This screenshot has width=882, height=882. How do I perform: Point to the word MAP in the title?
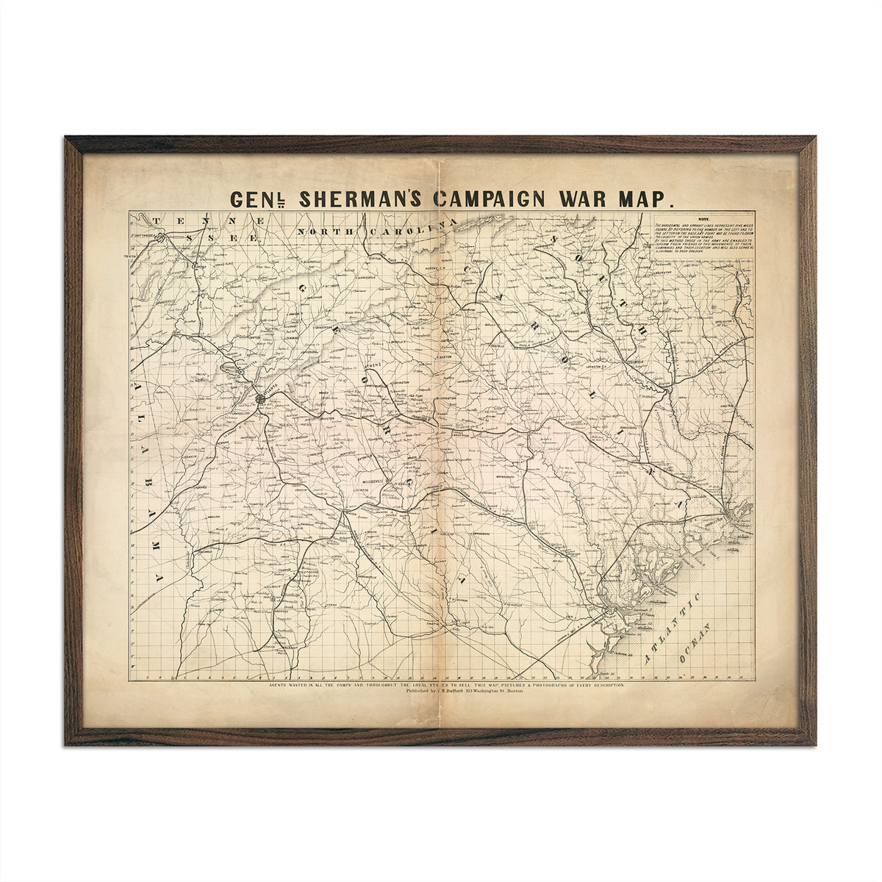pos(645,198)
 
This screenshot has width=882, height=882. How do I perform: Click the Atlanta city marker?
pos(260,398)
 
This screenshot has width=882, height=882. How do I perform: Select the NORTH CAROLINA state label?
pos(375,231)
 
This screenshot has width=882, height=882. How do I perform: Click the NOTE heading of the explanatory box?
pos(703,219)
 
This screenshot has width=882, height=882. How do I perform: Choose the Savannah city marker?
pos(609,610)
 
